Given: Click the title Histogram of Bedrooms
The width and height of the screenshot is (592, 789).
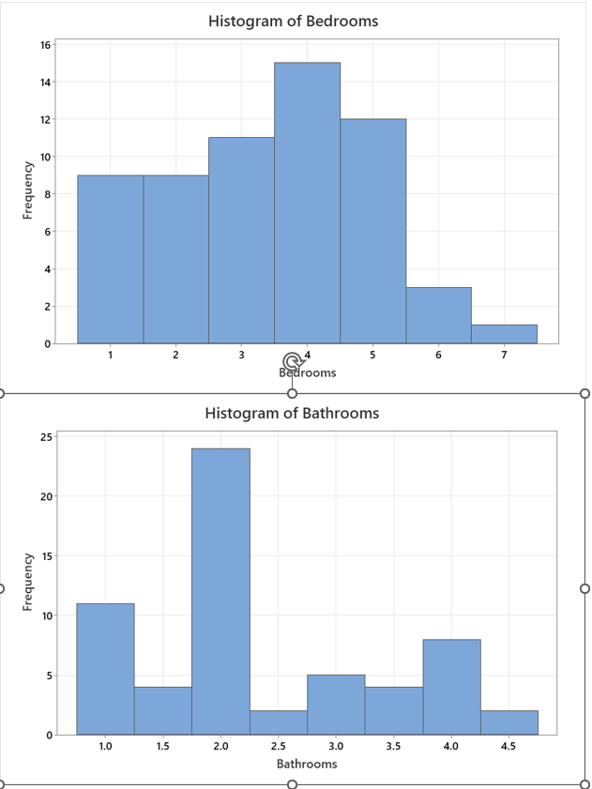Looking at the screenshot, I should [x=293, y=21].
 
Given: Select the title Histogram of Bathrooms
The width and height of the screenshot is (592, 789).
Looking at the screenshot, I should [x=292, y=413].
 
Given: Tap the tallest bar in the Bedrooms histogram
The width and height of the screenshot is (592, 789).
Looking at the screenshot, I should [x=307, y=203].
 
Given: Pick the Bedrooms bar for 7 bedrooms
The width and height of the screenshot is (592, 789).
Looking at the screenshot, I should [x=504, y=334].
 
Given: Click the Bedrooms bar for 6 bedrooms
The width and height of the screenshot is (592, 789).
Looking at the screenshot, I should [x=438, y=315].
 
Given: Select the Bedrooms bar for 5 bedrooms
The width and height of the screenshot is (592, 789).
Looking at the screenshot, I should [x=372, y=231].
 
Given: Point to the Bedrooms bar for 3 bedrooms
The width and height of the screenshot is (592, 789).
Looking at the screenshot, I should [x=241, y=240].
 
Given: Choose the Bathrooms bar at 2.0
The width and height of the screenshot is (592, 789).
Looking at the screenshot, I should [x=220, y=591].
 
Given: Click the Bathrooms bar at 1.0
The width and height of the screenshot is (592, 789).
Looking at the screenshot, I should [x=105, y=669].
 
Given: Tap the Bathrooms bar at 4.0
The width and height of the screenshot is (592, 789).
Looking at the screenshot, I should [x=451, y=687].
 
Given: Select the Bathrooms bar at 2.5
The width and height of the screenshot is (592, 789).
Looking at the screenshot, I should [x=279, y=722].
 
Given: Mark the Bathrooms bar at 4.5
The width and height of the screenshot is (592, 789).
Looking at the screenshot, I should [x=509, y=722].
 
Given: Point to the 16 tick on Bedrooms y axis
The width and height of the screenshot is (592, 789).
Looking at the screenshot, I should [x=45, y=44].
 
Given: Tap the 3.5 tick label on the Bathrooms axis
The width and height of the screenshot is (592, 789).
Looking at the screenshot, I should [x=394, y=747].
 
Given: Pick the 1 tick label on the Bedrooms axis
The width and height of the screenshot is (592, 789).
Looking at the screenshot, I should [x=110, y=356].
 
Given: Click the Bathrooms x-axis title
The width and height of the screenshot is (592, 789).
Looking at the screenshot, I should [x=307, y=764].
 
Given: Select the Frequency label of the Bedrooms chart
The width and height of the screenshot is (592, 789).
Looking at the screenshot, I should [x=28, y=190].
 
